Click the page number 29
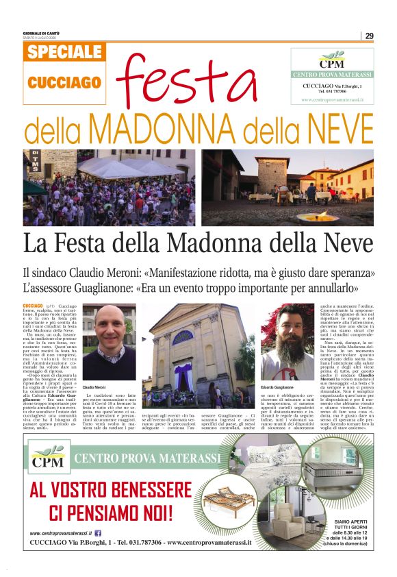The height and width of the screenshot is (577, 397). pyautogui.click(x=369, y=36)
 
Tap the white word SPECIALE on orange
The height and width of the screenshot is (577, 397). pyautogui.click(x=65, y=53)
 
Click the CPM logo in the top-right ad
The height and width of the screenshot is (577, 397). pyautogui.click(x=320, y=58)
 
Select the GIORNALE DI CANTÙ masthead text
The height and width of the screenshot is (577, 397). pyautogui.click(x=42, y=34)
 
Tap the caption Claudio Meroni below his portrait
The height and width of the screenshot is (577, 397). pyautogui.click(x=94, y=388)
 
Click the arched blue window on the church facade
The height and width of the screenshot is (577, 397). pyautogui.click(x=183, y=337)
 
